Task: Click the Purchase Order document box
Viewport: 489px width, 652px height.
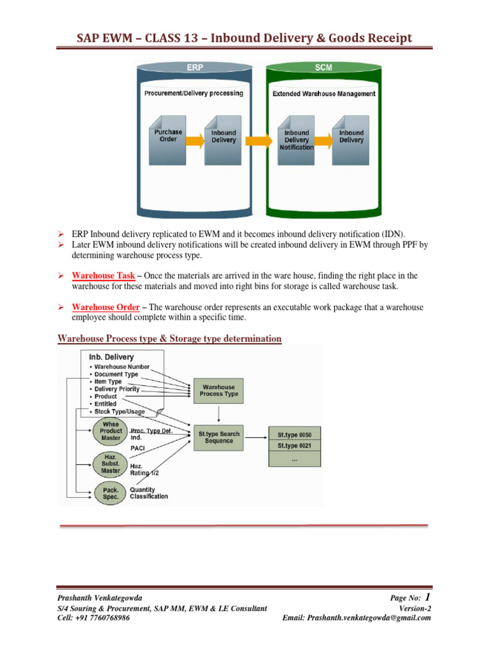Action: (168, 136)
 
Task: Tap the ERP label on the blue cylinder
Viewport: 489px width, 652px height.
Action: (194, 67)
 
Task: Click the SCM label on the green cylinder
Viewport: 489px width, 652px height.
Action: (323, 67)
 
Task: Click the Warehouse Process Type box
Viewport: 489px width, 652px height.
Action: (218, 390)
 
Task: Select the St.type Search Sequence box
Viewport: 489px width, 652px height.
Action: (218, 437)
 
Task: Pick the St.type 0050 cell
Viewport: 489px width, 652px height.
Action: (295, 434)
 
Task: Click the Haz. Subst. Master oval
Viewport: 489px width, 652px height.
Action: (110, 465)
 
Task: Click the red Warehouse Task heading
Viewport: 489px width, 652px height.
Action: (98, 276)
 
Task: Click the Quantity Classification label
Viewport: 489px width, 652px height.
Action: (149, 493)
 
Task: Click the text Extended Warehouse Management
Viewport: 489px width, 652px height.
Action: (323, 94)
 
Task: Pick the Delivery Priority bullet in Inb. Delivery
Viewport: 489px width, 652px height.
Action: (117, 388)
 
